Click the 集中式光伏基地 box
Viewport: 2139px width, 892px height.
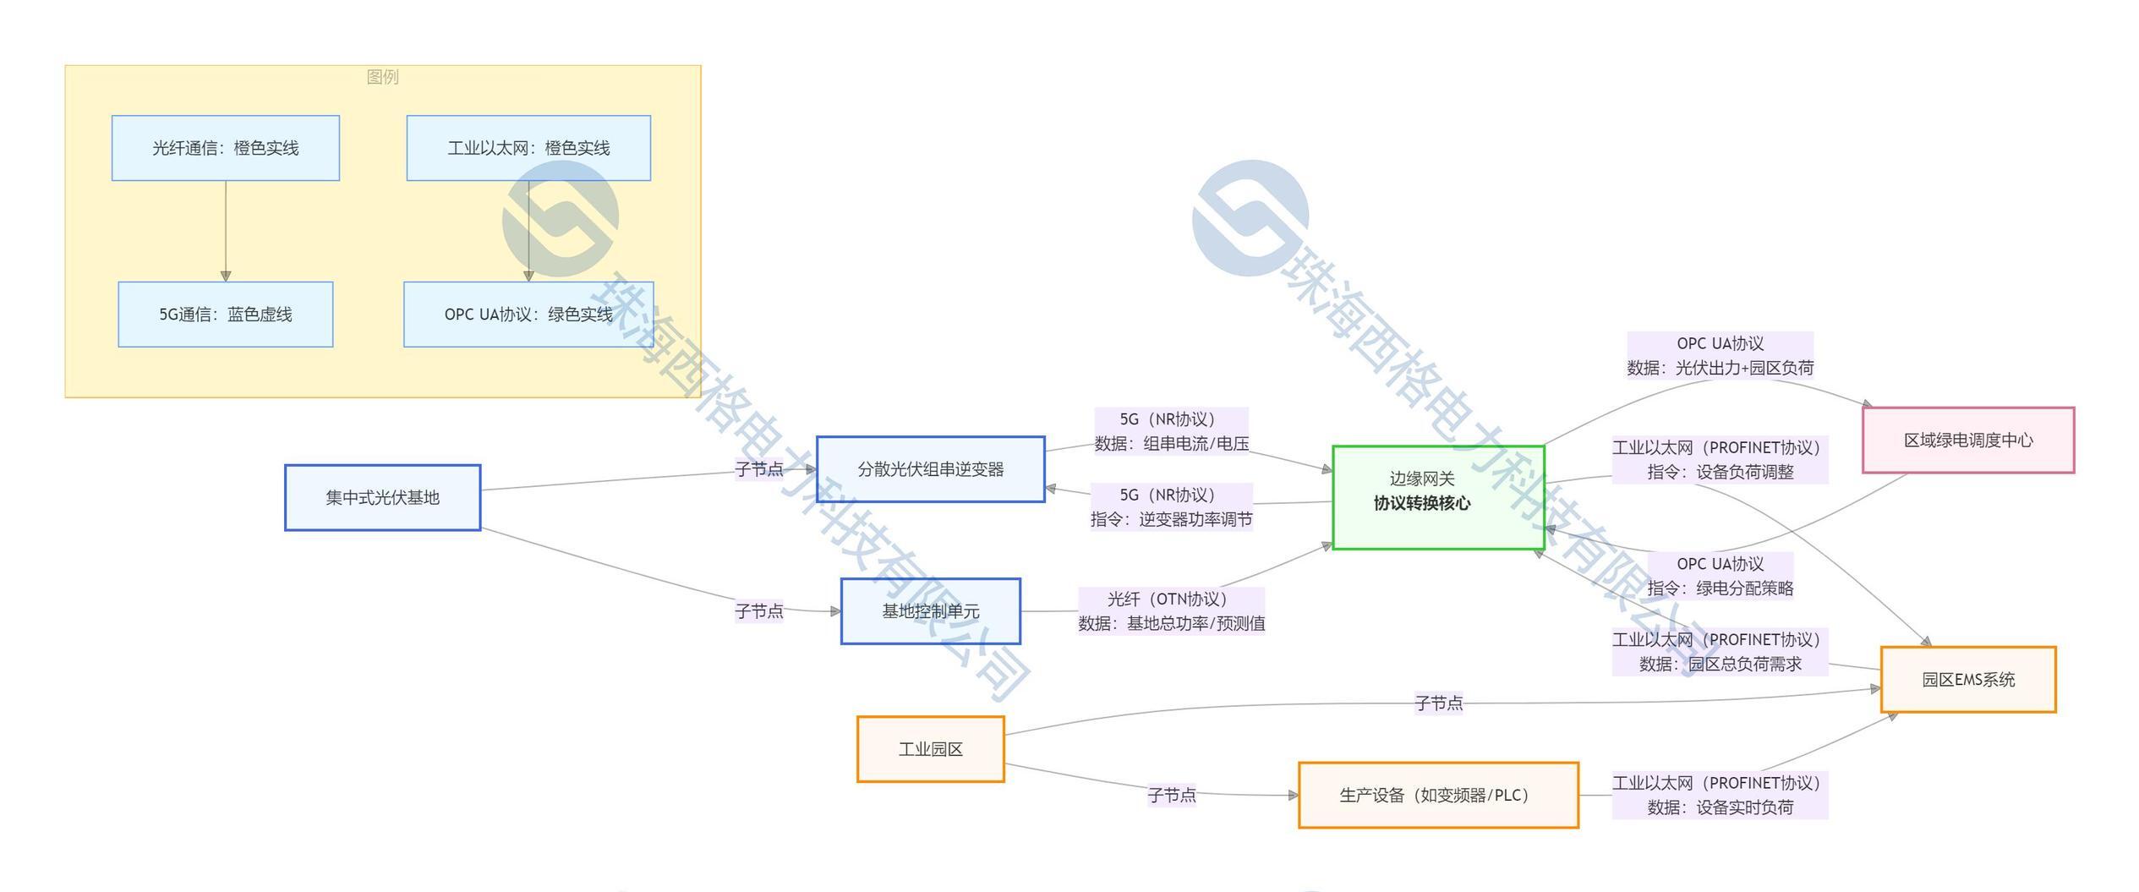tap(382, 497)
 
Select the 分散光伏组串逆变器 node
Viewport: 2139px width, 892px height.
tap(930, 469)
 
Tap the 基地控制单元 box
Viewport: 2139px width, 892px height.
tap(930, 610)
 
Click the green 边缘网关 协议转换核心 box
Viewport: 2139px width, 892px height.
tap(1437, 497)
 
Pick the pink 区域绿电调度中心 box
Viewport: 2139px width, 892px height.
tap(1967, 440)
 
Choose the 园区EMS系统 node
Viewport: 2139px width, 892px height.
tap(1967, 679)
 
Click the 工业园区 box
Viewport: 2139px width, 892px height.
tap(930, 749)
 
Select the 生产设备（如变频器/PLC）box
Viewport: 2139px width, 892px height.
tap(1437, 795)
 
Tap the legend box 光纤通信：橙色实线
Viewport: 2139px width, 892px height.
tap(225, 148)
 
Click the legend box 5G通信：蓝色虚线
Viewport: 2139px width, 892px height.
tap(225, 315)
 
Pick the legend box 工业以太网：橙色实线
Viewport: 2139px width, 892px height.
tap(528, 148)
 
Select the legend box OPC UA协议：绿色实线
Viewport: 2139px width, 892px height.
tap(528, 315)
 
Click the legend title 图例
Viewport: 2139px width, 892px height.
tap(382, 77)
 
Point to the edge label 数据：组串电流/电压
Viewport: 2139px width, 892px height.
tap(1171, 443)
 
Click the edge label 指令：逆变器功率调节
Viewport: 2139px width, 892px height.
tap(1171, 519)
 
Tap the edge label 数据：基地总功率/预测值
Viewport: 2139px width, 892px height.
tap(1171, 623)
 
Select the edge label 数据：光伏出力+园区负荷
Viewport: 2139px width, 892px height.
tap(1720, 368)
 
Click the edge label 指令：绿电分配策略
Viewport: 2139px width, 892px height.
tap(1720, 588)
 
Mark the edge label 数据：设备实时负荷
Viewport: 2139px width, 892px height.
tap(1720, 807)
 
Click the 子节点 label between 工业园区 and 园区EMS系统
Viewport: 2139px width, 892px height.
tap(1438, 703)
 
